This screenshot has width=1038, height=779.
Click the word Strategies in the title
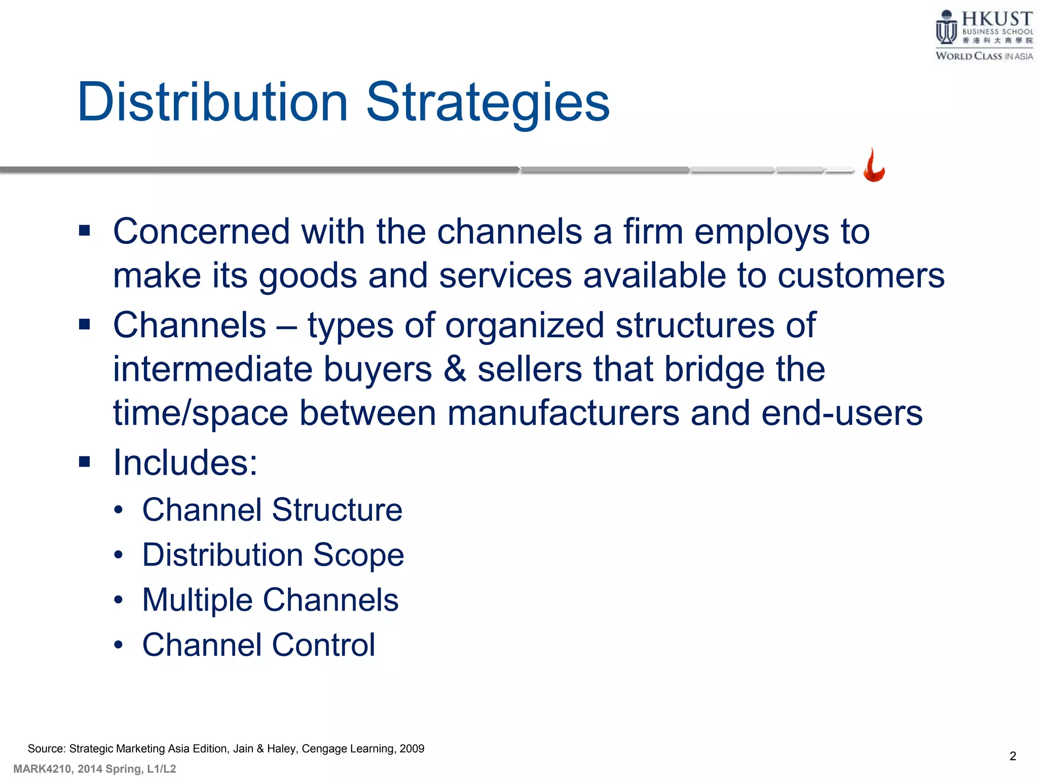[x=488, y=102]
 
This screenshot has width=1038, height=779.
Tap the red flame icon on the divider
[x=874, y=166]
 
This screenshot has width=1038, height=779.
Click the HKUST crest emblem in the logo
[x=946, y=28]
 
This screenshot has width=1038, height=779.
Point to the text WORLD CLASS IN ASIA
[x=984, y=56]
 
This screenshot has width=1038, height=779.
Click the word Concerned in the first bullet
[x=201, y=232]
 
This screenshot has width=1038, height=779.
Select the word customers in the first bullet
[x=861, y=276]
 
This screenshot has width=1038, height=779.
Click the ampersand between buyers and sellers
[x=455, y=369]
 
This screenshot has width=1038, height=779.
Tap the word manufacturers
[x=563, y=413]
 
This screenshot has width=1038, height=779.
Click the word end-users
[x=842, y=413]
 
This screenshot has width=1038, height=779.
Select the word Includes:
[x=185, y=463]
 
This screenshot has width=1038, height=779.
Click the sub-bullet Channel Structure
[x=272, y=510]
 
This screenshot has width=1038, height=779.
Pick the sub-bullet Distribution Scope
[x=273, y=555]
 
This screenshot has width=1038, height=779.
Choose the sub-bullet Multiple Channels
[x=270, y=600]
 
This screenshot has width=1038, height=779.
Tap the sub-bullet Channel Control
[x=258, y=645]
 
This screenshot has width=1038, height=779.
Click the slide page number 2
[x=1013, y=756]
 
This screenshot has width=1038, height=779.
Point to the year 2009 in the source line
[x=412, y=749]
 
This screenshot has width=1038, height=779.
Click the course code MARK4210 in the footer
[x=43, y=769]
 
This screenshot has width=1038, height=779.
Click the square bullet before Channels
[x=85, y=324]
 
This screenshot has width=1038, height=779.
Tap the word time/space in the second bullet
[x=200, y=413]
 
